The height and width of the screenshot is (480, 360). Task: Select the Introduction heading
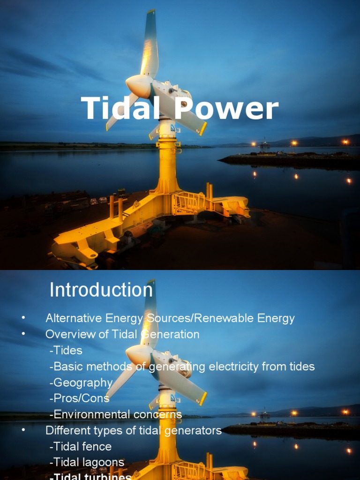tap(101, 290)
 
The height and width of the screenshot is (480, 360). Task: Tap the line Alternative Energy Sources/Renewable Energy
tap(170, 318)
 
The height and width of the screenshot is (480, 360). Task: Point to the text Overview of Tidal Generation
tap(122, 334)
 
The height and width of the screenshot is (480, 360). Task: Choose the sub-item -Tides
tap(66, 350)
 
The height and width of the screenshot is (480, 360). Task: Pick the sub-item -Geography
tap(81, 382)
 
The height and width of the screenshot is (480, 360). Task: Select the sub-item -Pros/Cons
tap(79, 398)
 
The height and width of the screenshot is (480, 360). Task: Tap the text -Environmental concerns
tap(115, 414)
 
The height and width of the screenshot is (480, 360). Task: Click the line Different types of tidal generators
tap(133, 430)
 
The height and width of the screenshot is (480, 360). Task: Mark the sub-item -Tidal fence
tap(80, 446)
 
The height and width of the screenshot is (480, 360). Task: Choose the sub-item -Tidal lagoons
tap(87, 462)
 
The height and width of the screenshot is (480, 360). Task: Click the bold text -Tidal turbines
tap(90, 477)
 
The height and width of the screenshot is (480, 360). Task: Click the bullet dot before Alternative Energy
tap(23, 319)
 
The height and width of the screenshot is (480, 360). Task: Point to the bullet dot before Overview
tap(23, 335)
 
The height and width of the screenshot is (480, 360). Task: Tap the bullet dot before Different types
tap(23, 431)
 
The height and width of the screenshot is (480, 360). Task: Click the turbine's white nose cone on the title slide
tap(137, 86)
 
